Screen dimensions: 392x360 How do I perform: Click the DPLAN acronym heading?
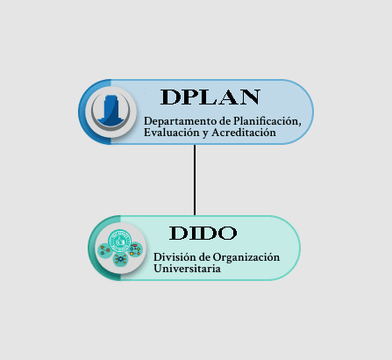[x=210, y=97]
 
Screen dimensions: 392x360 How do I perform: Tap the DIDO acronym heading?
[x=203, y=233]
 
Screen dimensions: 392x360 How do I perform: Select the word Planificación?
[x=267, y=121]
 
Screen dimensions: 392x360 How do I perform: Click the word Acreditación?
[x=244, y=133]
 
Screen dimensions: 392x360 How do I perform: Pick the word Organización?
[x=246, y=257]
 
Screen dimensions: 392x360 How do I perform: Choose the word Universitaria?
[x=187, y=269]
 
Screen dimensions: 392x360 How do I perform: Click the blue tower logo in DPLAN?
[x=110, y=111]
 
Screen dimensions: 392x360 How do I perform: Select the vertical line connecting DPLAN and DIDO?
[x=195, y=180]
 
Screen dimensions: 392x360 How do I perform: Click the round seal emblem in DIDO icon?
[x=119, y=241]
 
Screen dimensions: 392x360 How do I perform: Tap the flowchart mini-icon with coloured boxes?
[x=135, y=249]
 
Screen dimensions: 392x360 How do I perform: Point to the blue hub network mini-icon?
[x=120, y=259]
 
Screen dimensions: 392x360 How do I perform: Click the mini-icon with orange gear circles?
[x=104, y=250]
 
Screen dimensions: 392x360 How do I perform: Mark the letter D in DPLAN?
[x=170, y=97]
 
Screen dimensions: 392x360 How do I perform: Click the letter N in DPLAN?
[x=249, y=97]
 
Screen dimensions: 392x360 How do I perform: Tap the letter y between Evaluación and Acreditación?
[x=205, y=133]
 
